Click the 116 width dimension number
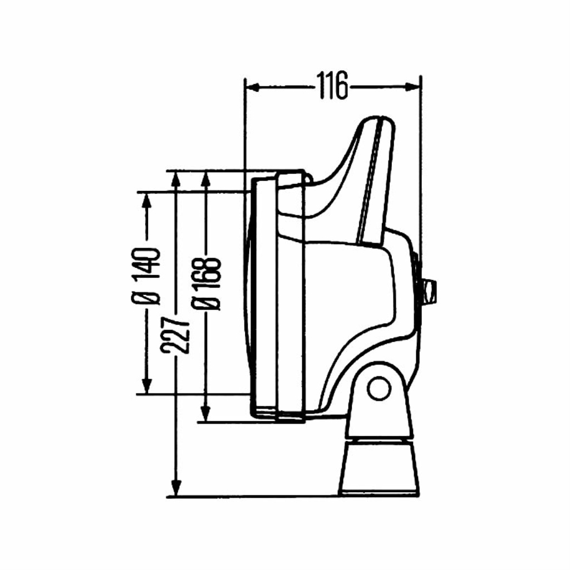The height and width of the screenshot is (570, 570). (x=332, y=86)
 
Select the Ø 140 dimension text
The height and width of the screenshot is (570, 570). (x=146, y=277)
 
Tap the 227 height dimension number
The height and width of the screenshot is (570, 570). (x=175, y=335)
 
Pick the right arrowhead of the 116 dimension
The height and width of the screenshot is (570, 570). (x=413, y=86)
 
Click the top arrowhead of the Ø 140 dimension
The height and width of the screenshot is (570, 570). (x=146, y=200)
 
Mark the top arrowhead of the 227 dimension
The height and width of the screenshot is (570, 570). (x=176, y=179)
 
